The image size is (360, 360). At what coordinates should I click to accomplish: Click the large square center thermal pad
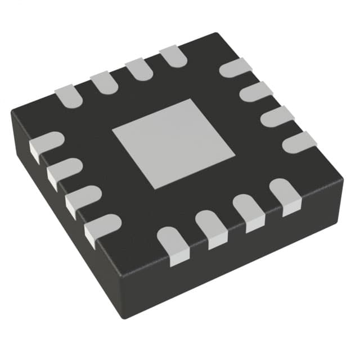[x=173, y=143]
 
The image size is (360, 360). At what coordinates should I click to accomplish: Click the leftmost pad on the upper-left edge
[x=69, y=95]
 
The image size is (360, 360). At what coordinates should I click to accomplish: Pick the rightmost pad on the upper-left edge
[x=173, y=56]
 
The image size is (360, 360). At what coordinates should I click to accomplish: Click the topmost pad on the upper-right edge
[x=235, y=67]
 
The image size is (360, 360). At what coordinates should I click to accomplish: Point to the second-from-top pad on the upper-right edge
[x=256, y=91]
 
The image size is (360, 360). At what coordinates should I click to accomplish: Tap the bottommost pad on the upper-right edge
[x=299, y=142]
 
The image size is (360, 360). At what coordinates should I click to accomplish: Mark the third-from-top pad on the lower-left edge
[x=82, y=198]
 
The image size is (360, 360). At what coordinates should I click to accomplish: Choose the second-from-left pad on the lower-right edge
[x=211, y=228]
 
